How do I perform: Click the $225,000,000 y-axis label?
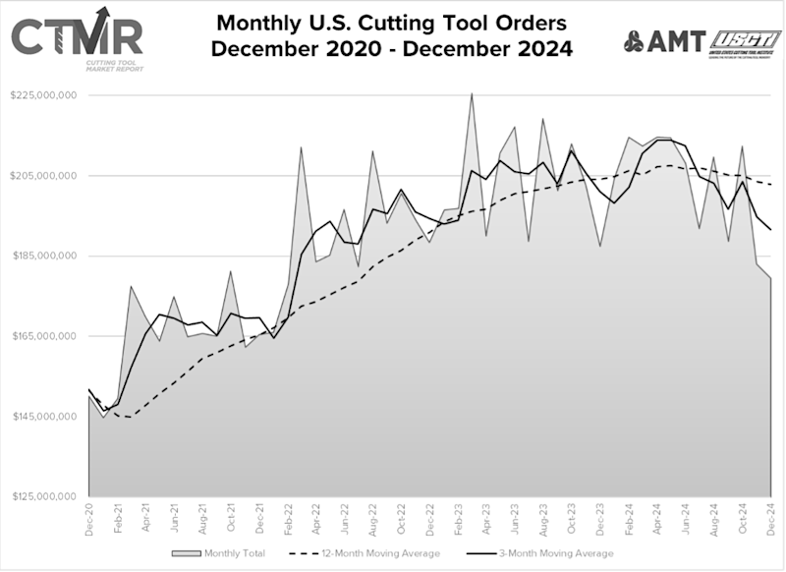[x=43, y=95]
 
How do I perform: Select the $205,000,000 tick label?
[x=43, y=176]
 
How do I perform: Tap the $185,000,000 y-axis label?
[x=43, y=256]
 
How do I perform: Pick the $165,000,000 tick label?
[x=43, y=336]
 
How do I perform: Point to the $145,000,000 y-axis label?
[x=43, y=417]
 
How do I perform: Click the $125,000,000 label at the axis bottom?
[x=43, y=496]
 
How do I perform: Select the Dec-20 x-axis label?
[x=89, y=518]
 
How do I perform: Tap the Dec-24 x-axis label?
[x=772, y=518]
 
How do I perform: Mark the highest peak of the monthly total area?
[x=472, y=94]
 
